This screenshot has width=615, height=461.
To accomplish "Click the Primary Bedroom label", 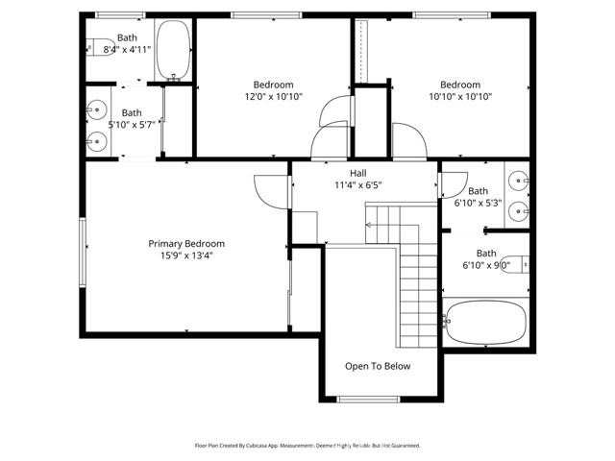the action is coord(186,243).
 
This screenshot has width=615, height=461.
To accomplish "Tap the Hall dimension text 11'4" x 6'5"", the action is coord(358,184).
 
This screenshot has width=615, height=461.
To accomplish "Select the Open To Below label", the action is coord(378,366).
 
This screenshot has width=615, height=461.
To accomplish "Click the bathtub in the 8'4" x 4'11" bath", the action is coord(173,50).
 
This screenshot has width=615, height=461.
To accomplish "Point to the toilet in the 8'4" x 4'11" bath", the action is coord(100,47).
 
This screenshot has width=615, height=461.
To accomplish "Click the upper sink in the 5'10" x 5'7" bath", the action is coord(96,109).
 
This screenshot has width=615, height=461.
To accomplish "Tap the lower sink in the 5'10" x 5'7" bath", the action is coord(96,141).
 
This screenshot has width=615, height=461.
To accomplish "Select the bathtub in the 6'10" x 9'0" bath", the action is coord(485,323).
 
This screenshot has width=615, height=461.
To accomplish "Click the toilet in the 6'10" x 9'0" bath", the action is coord(515,264).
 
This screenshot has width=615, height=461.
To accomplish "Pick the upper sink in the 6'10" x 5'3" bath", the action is coord(519,181).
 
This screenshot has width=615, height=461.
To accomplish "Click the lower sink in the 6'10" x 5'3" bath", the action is coord(519,211).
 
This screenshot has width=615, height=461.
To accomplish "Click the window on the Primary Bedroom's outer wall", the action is coord(83,253).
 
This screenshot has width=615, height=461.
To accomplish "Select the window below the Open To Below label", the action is coord(368,400).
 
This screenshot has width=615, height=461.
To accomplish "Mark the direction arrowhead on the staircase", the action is coord(368,225).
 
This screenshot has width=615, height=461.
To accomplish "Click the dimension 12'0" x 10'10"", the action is coord(273,96).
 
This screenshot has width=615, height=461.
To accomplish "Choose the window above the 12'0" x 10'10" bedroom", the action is coord(266,15).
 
